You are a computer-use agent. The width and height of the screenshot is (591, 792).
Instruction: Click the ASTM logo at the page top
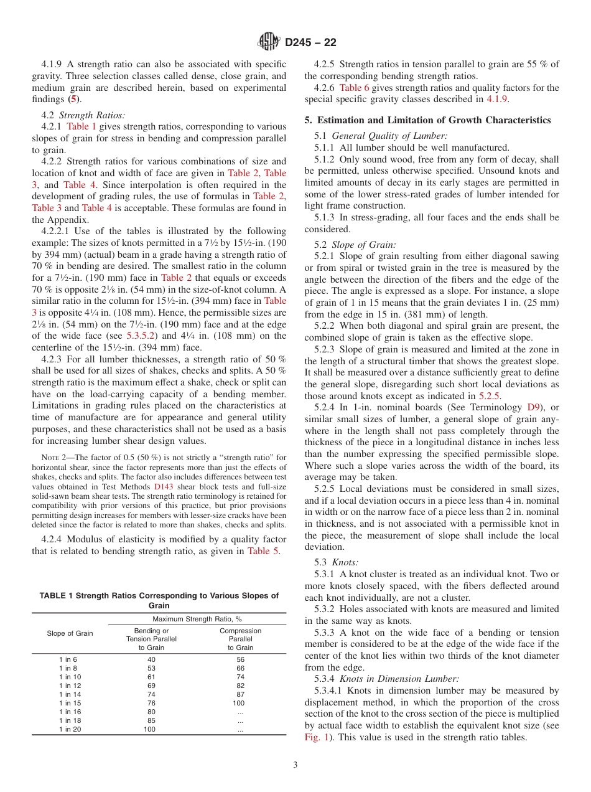coord(269,42)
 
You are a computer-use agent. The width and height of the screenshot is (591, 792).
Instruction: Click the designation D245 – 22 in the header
coord(310,42)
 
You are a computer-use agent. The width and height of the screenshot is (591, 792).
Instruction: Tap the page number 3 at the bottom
coord(295,765)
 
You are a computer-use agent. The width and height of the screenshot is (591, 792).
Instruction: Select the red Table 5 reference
coord(258,550)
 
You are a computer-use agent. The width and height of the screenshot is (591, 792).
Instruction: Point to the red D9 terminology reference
coord(534,407)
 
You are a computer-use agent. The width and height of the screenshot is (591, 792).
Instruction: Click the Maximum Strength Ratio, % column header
coord(197,619)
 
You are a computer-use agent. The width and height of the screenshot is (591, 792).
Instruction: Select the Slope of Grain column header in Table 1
coord(70,633)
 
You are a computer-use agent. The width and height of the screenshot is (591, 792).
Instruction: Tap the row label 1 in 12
coord(70,685)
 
